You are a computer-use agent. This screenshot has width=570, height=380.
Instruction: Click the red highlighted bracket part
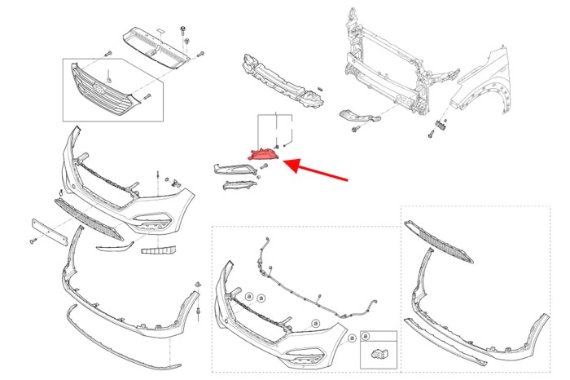[263, 154]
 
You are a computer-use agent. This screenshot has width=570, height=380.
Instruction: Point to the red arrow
[315, 169]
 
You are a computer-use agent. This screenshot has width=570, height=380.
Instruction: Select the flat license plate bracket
[50, 232]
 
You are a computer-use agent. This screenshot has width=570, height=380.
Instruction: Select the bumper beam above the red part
[283, 82]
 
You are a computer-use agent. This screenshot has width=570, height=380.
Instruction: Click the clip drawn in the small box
[379, 353]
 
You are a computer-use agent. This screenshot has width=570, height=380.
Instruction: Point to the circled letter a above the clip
[366, 336]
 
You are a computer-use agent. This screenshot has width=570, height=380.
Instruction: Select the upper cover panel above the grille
[156, 47]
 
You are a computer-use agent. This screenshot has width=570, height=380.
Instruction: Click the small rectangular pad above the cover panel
[160, 30]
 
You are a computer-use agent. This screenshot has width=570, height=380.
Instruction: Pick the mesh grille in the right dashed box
[439, 241]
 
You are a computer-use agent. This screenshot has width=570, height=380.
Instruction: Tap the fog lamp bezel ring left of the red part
[236, 170]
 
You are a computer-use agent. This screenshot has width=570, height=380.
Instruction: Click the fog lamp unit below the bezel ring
[238, 185]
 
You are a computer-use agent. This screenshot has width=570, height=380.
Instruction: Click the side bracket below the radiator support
[360, 116]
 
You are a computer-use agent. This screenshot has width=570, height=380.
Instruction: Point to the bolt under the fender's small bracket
[431, 135]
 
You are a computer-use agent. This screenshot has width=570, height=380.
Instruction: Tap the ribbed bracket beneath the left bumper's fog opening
[159, 250]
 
